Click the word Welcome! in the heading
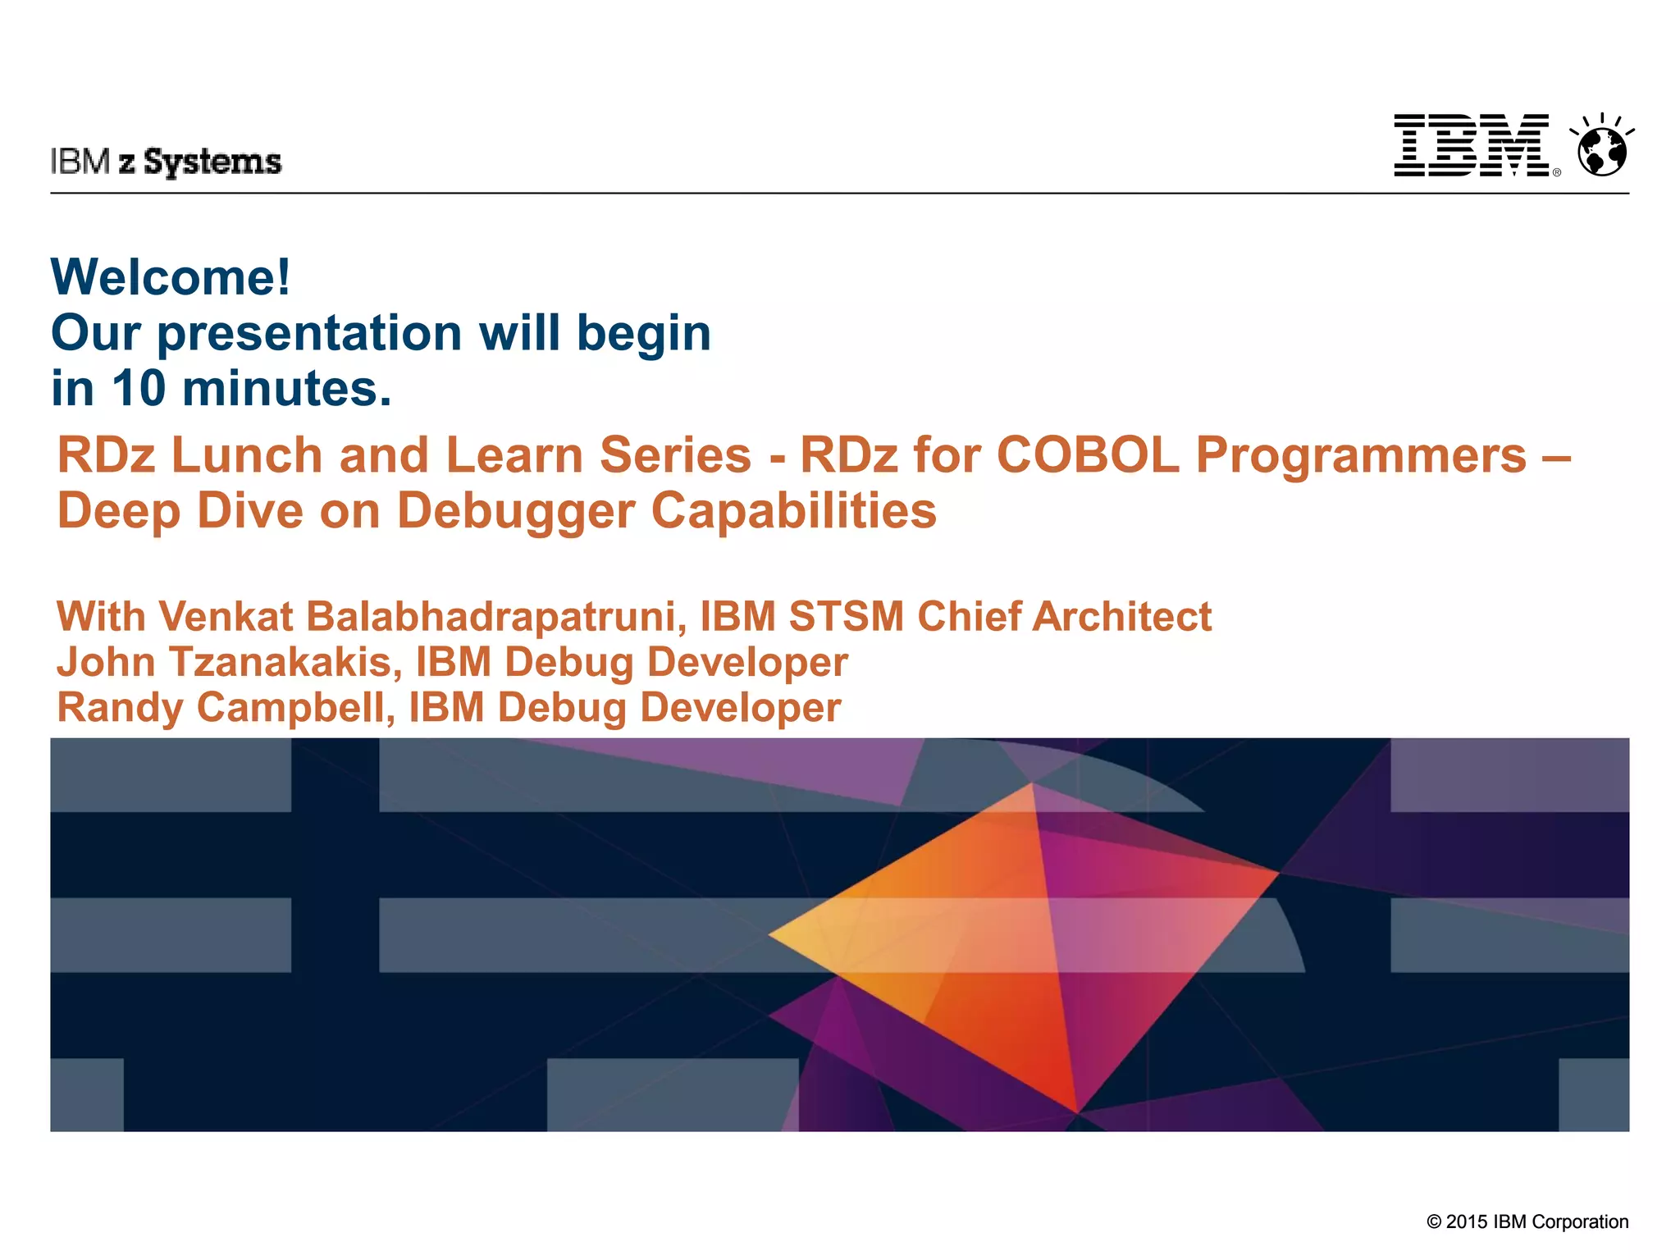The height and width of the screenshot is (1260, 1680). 171,277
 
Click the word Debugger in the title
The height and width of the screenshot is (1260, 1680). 515,511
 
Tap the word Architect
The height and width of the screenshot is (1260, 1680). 1121,617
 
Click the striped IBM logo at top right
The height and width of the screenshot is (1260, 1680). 1472,145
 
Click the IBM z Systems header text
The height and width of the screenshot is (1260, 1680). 166,162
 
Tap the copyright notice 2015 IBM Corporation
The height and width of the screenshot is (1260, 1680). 1527,1221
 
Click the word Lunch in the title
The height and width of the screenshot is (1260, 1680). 246,455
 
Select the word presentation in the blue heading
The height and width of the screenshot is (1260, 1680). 309,333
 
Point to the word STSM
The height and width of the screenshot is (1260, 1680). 846,617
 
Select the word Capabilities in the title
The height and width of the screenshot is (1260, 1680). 793,511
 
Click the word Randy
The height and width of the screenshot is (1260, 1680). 120,707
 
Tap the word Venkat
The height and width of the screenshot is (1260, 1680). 226,617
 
